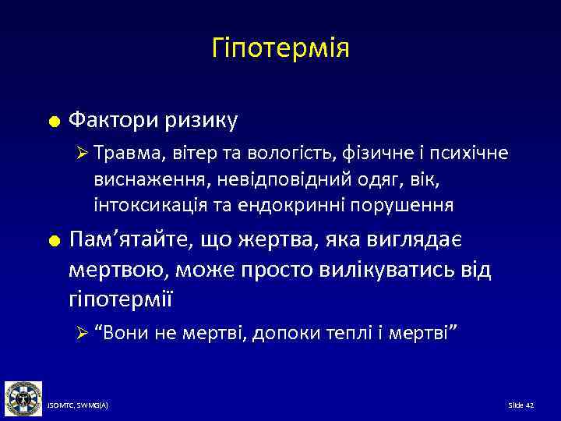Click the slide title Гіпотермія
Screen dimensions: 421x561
click(x=280, y=48)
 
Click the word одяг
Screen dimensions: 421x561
click(x=346, y=180)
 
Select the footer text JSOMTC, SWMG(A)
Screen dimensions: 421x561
click(x=78, y=405)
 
